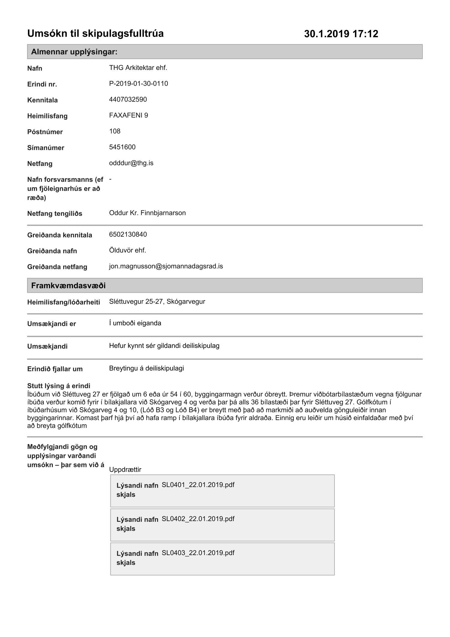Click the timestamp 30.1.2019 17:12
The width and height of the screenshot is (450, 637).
click(341, 34)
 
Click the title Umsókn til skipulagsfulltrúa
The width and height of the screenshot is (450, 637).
click(95, 33)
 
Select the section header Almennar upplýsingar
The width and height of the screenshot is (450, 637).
click(74, 52)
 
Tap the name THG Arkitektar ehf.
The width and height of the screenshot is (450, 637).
click(138, 68)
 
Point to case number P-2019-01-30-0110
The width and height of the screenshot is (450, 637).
click(139, 84)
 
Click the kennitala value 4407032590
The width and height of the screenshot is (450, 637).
click(128, 100)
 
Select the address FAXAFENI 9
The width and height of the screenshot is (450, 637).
click(128, 116)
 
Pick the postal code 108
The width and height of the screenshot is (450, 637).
click(115, 131)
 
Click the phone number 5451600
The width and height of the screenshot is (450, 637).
click(122, 147)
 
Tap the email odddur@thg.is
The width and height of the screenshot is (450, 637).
click(131, 163)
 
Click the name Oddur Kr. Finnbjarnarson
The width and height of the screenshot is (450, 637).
click(147, 213)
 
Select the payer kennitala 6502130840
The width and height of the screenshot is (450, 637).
click(128, 235)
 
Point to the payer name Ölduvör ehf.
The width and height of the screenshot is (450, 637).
click(127, 251)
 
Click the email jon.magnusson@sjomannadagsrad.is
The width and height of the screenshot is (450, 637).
click(166, 266)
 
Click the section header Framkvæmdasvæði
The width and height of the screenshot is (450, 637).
click(68, 286)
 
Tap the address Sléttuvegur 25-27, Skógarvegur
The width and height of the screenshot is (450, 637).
click(157, 302)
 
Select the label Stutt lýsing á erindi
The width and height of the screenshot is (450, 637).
click(59, 386)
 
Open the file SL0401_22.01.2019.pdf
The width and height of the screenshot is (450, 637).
click(198, 485)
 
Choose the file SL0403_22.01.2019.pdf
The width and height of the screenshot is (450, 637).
click(198, 553)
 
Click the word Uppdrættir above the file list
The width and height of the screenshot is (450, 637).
click(125, 470)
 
